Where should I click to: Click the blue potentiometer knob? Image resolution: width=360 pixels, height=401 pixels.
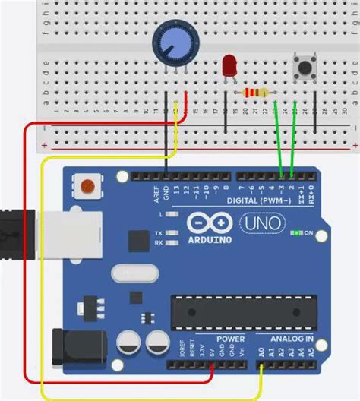[x=172, y=41]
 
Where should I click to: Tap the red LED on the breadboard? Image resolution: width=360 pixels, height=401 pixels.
[x=229, y=66]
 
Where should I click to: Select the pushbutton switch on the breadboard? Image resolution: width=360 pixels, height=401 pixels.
[x=304, y=67]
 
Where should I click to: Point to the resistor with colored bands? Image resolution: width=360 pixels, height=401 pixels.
[x=256, y=93]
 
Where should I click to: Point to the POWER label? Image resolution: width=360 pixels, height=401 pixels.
[x=231, y=339]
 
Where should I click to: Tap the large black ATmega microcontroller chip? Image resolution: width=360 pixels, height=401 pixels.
[x=227, y=311]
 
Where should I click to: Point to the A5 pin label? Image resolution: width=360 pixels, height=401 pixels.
[x=311, y=352]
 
